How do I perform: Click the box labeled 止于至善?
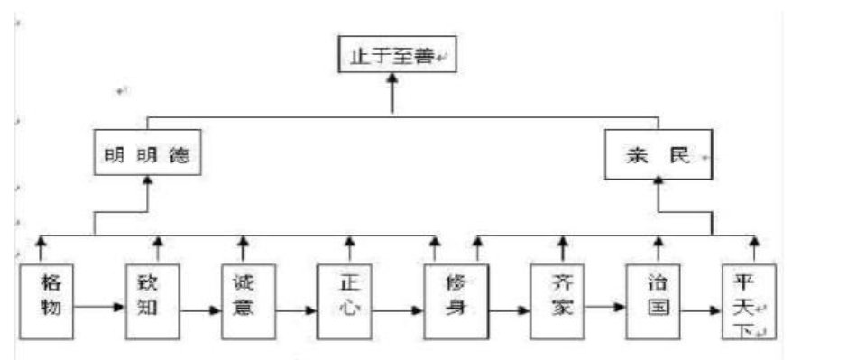pyautogui.click(x=392, y=57)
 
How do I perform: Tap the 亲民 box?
pyautogui.click(x=658, y=155)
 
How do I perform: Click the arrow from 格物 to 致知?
pyautogui.click(x=99, y=307)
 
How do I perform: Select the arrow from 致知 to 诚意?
pyautogui.click(x=200, y=312)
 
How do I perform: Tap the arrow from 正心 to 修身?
pyautogui.click(x=399, y=312)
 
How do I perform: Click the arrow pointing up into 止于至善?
pyautogui.click(x=392, y=95)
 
